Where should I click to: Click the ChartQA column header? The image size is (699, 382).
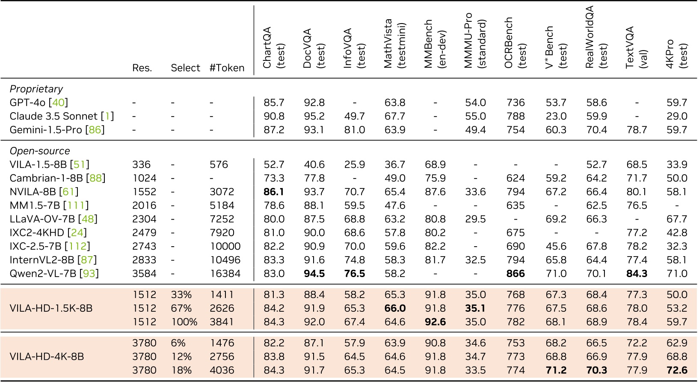pos(273,47)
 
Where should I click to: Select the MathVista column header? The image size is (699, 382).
pos(394,43)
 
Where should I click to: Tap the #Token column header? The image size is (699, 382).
pos(227,68)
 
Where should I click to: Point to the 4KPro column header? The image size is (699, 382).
pos(676,54)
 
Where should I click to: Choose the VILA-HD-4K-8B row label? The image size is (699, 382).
pos(47,356)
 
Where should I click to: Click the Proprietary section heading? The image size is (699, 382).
pos(36,89)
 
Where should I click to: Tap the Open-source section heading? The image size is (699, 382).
pos(39,151)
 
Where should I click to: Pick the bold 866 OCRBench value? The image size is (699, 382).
pos(515,274)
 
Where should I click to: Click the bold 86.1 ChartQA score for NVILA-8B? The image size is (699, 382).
pos(274,192)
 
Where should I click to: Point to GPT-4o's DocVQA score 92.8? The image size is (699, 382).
pos(314,103)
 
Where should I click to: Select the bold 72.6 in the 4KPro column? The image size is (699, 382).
pos(677,370)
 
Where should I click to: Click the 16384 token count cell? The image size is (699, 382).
pos(225,274)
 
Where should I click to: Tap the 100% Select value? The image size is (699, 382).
pos(184,322)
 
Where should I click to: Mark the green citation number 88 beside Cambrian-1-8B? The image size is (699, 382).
pos(95,178)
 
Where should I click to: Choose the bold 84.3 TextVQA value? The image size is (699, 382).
pos(637,274)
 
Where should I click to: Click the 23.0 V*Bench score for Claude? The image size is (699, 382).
pos(556,116)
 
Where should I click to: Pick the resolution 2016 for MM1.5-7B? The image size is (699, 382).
pos(144,206)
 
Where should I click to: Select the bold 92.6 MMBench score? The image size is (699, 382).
pos(435,322)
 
